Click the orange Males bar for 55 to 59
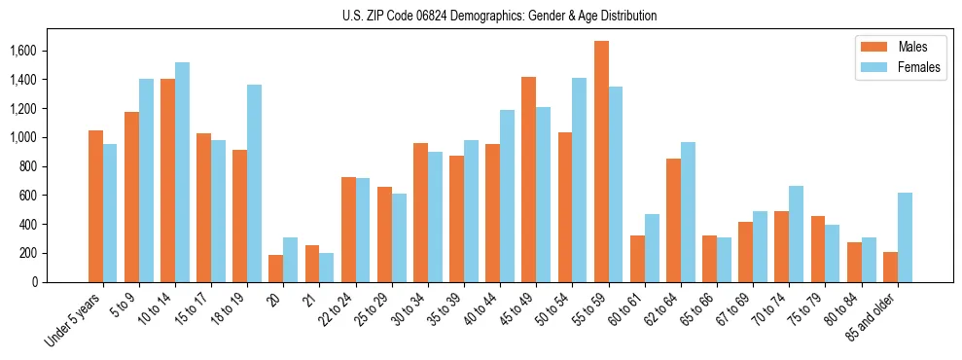coord(601,162)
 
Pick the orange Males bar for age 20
coord(276,269)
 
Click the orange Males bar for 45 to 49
coord(529,179)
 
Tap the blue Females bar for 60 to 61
coord(652,248)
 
